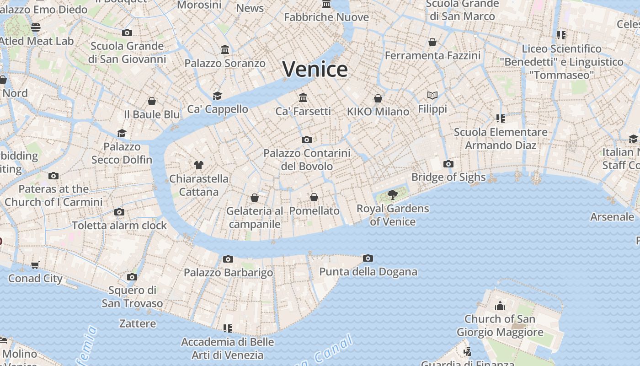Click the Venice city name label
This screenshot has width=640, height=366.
(x=315, y=69)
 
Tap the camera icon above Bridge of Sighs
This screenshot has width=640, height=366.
(x=448, y=164)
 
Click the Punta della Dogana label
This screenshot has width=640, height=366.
(x=368, y=272)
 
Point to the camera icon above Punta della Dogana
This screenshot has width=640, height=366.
(x=368, y=258)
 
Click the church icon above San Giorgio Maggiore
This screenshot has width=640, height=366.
(x=500, y=306)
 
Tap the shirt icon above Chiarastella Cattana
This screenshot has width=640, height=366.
(x=199, y=165)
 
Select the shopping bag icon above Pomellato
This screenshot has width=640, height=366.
(x=314, y=197)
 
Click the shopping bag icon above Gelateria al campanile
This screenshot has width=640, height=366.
(x=255, y=198)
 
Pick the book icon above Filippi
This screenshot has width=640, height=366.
(x=432, y=95)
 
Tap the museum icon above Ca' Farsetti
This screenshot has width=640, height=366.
(x=303, y=97)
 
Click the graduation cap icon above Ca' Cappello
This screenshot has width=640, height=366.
(x=217, y=96)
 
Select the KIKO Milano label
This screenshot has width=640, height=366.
(x=378, y=112)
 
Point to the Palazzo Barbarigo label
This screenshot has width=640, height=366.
(x=228, y=273)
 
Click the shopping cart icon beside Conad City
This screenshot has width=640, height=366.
(x=35, y=265)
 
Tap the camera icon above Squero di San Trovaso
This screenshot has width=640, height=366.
(x=132, y=277)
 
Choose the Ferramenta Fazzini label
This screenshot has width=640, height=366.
(x=432, y=55)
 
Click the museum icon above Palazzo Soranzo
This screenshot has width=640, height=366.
(x=225, y=49)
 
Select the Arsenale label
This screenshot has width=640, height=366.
(x=612, y=217)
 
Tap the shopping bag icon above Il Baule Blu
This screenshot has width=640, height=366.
(x=152, y=101)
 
